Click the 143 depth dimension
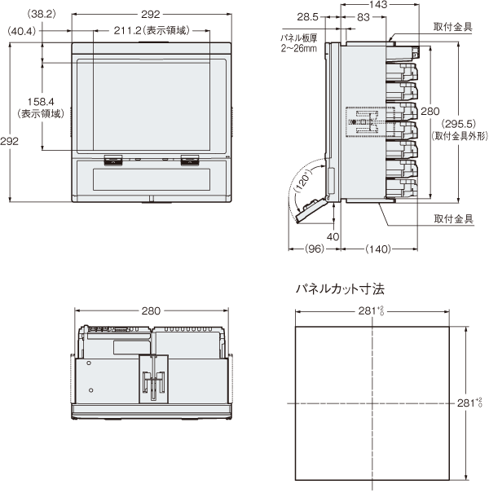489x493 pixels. pos(355,5)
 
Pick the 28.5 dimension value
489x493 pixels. pos(308,17)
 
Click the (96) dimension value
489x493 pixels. pos(315,249)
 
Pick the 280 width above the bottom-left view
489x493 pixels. pos(152,311)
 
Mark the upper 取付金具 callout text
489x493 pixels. pos(452,27)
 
